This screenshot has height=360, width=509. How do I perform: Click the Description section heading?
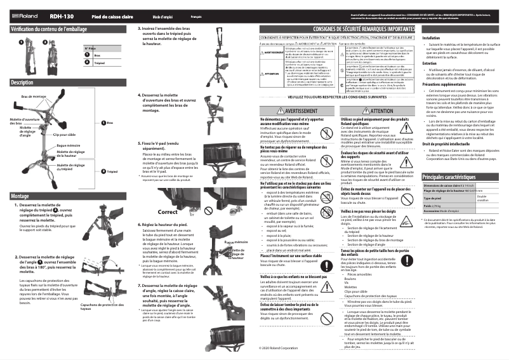pos(22,83)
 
